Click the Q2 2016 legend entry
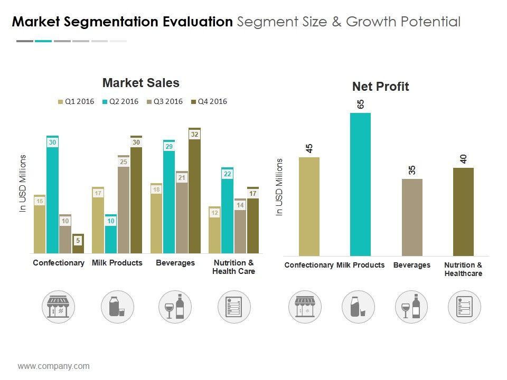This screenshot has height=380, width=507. (120, 102)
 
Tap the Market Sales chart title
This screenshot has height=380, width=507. (141, 83)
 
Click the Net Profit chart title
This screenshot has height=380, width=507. (380, 87)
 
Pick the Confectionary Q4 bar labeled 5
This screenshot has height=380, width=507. (78, 244)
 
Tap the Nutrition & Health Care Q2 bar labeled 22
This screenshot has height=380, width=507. (227, 211)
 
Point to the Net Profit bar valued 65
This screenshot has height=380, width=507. (360, 184)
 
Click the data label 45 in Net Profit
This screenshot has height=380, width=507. (309, 148)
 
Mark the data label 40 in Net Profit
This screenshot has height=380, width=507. (463, 159)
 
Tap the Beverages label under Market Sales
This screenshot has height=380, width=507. (175, 263)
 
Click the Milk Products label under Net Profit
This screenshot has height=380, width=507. (361, 265)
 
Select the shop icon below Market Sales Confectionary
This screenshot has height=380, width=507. (59, 307)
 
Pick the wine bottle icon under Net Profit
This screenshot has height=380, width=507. (411, 307)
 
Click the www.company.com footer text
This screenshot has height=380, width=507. (54, 366)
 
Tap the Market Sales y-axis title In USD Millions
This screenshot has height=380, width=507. (23, 184)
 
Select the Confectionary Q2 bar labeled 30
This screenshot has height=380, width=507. (52, 195)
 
